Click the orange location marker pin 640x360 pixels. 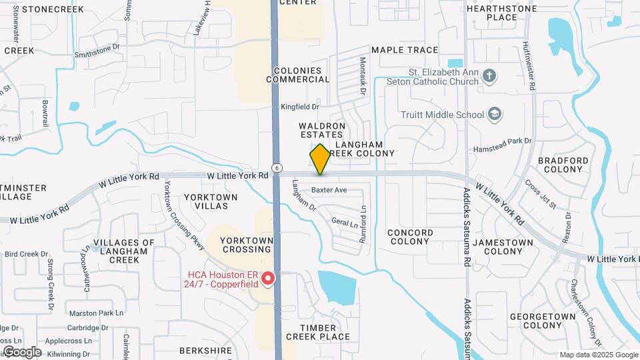[320, 159]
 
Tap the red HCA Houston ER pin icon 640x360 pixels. [269, 277]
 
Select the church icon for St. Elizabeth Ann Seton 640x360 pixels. [489, 75]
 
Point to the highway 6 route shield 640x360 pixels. [275, 167]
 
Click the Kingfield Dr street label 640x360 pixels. [300, 107]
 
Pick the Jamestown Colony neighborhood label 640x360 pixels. [503, 247]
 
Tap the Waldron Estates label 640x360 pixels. [322, 130]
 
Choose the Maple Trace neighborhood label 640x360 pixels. [405, 50]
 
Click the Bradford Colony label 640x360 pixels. [563, 165]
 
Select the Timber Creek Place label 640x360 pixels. [318, 332]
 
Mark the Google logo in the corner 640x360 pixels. [22, 351]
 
